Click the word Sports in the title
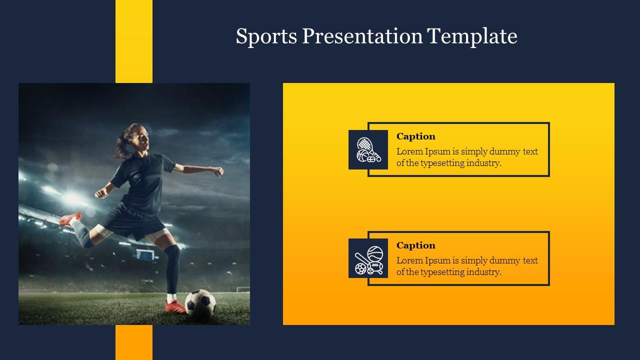click(x=265, y=36)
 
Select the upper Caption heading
click(x=415, y=136)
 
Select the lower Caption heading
click(x=415, y=245)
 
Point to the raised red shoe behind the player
click(x=70, y=218)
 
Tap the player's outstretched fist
click(x=218, y=172)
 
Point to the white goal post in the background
click(x=242, y=289)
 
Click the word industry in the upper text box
click(x=483, y=163)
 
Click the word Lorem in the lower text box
click(x=409, y=260)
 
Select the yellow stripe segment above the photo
click(x=134, y=41)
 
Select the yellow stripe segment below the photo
click(x=134, y=342)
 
